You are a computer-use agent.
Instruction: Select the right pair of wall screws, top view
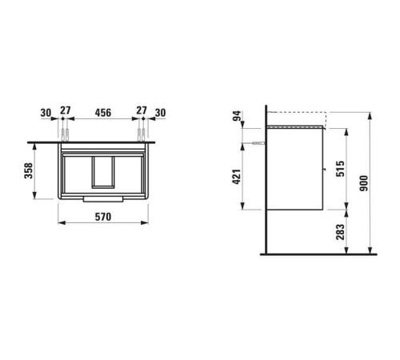pos(142,131)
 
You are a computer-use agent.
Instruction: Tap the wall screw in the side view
pos(258,141)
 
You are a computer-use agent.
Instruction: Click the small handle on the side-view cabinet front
pos(323,168)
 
